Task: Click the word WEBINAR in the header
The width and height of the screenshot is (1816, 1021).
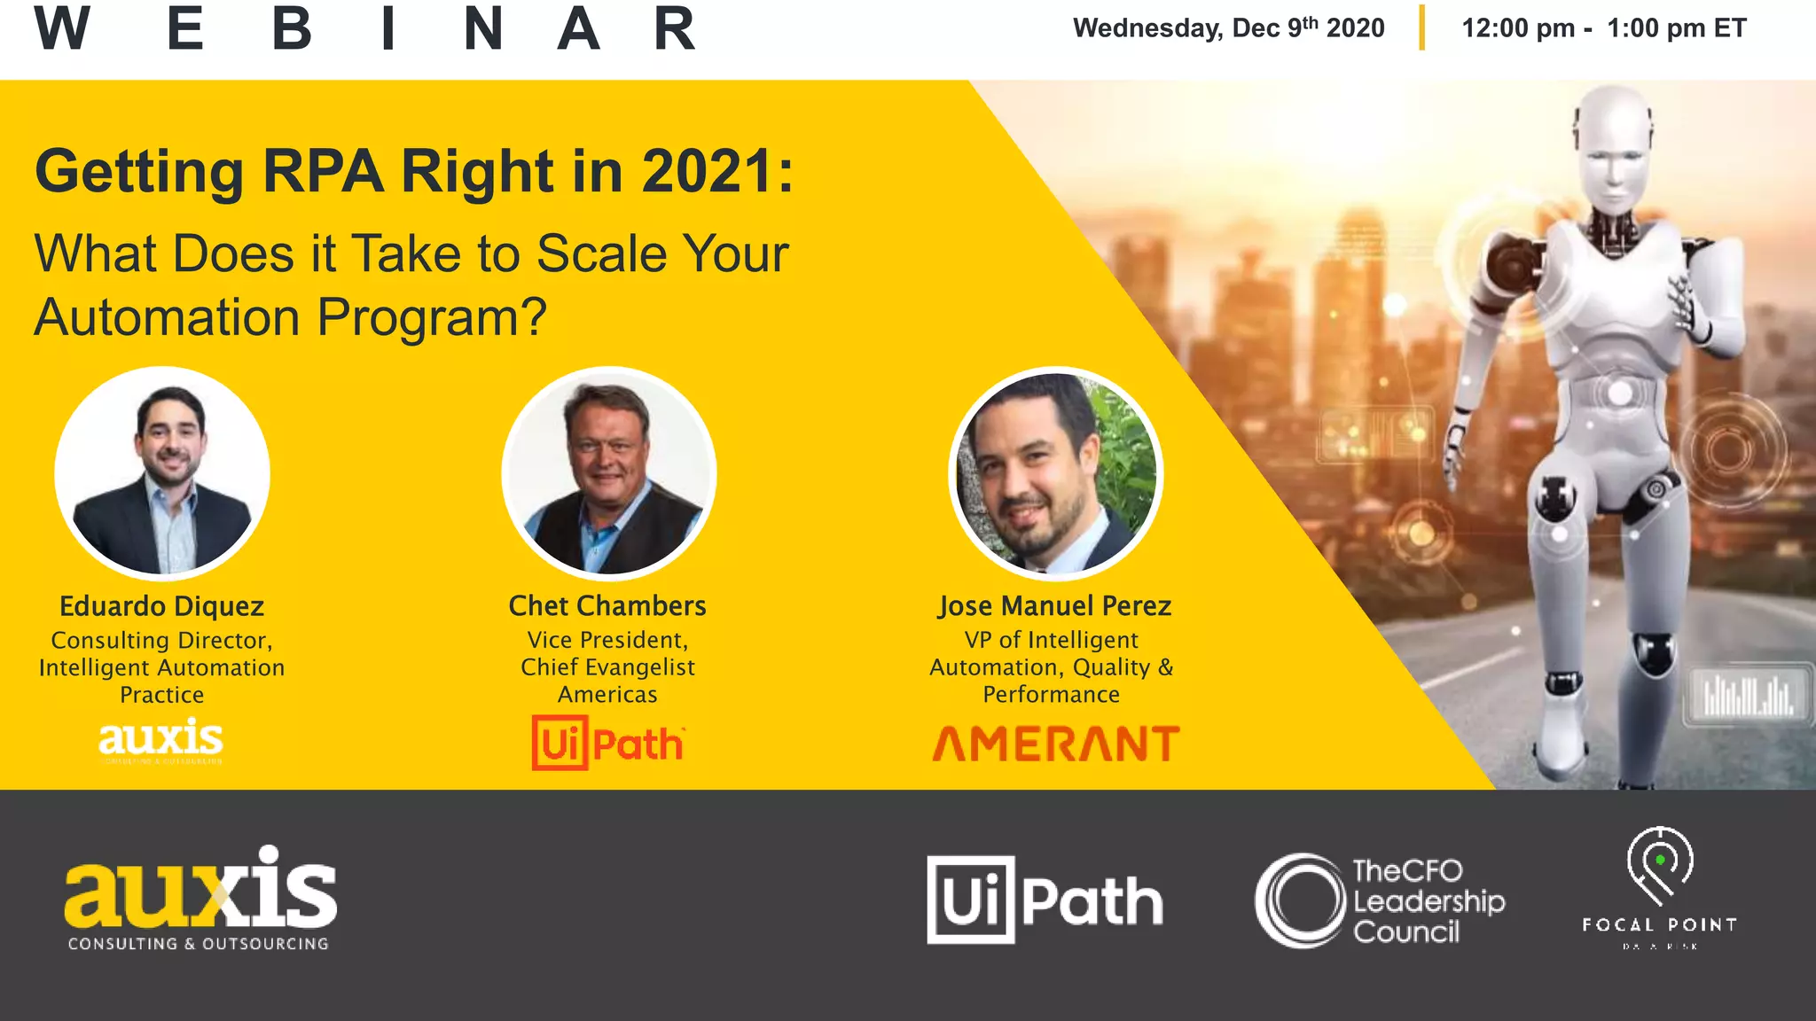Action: coord(364,29)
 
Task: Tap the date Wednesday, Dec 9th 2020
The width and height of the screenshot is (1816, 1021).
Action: coord(1228,28)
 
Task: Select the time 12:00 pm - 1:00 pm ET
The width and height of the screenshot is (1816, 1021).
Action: coord(1603,28)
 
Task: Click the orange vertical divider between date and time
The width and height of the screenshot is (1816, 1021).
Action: coord(1421,27)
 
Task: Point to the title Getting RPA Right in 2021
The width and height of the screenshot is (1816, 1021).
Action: coord(414,171)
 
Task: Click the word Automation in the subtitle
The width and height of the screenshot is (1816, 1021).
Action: coord(167,317)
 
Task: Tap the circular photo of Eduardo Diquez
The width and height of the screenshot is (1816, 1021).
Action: coord(162,473)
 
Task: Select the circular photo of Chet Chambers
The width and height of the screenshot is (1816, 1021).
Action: coord(608,473)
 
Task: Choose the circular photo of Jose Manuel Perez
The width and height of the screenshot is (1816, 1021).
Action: coord(1055,473)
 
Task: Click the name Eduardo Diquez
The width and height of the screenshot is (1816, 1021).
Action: coord(162,606)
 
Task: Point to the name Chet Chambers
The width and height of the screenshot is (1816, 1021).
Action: coord(607,606)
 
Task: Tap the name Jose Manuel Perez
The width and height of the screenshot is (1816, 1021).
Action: coord(1055,606)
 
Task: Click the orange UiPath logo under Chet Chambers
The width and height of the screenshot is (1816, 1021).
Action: coord(608,743)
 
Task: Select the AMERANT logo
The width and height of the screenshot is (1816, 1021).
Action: coord(1055,744)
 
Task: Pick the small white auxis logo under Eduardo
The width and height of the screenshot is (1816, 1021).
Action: coord(160,741)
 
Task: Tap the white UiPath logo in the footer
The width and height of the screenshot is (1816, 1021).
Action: coord(1045,900)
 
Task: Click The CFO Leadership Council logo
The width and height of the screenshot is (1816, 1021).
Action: coord(1380,900)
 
